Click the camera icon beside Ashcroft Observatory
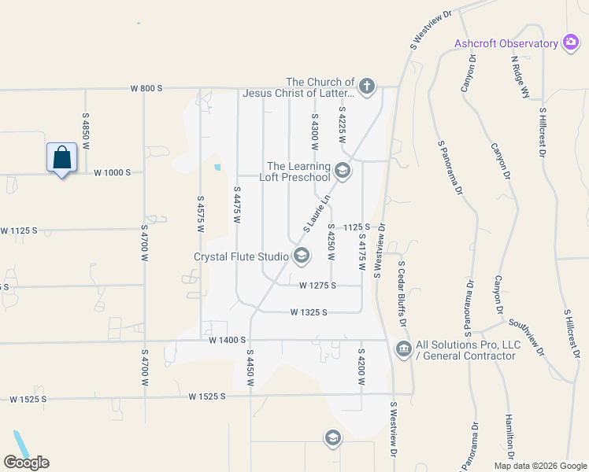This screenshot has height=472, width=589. click(571, 43)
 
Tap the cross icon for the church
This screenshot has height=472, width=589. click(366, 86)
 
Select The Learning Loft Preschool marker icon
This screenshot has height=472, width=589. click(342, 170)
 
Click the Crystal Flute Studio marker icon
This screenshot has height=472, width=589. click(301, 255)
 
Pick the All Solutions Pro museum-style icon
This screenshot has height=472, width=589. click(404, 348)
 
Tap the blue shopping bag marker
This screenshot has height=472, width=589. click(61, 159)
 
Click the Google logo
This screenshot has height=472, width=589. click(26, 463)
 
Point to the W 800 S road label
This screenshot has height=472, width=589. click(146, 89)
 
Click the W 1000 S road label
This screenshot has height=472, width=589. click(112, 172)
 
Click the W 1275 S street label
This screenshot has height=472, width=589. click(318, 286)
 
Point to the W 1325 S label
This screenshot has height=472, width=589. click(308, 312)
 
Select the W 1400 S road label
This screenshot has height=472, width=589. click(228, 340)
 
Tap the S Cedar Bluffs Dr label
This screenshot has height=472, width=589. click(402, 294)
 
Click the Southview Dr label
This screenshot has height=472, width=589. click(527, 337)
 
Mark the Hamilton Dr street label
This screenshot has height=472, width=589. click(509, 437)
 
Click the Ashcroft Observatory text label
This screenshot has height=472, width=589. click(506, 43)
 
